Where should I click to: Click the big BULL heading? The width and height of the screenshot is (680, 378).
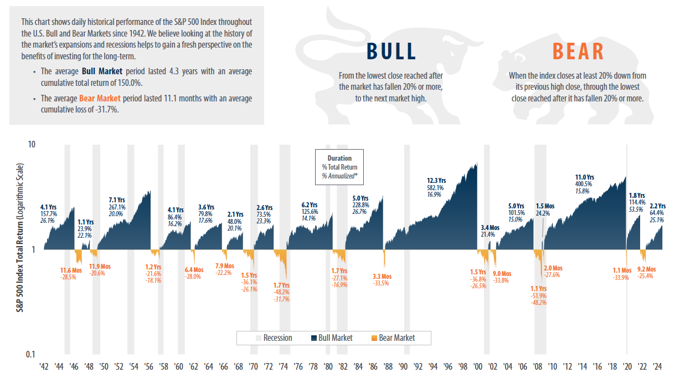391,52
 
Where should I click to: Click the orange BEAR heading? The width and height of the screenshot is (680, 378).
578,52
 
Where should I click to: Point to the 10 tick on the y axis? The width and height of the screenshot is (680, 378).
32,144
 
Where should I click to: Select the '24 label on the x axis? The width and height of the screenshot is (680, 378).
658,367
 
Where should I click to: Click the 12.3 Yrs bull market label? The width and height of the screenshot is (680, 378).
436,180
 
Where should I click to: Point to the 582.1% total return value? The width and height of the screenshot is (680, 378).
436,187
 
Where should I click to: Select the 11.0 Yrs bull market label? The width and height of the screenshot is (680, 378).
584,177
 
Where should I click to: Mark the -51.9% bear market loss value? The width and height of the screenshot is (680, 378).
538,296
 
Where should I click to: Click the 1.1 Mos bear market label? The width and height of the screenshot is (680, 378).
622,270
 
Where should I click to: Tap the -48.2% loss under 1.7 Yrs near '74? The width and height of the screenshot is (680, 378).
282,292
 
